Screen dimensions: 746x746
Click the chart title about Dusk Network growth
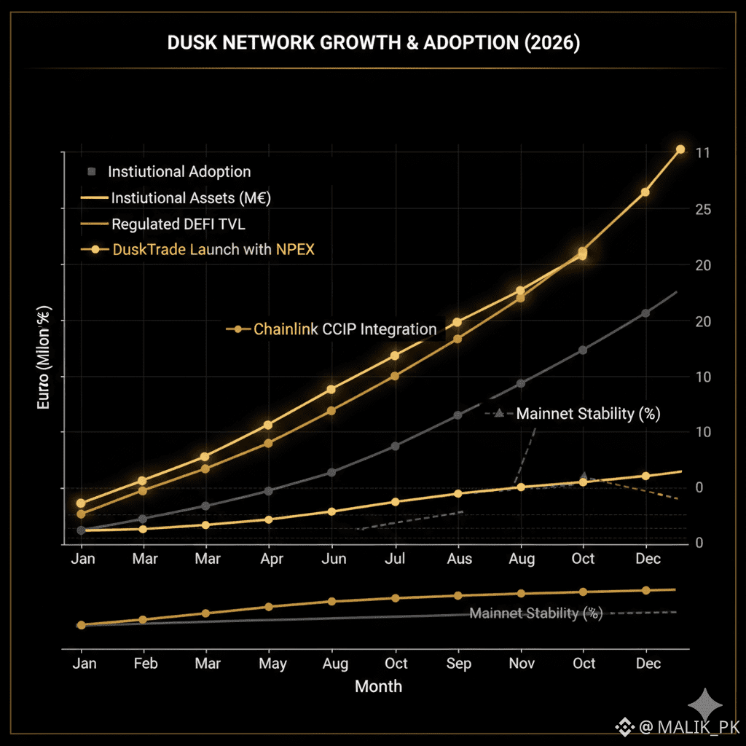373,43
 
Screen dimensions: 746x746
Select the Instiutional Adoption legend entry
178,172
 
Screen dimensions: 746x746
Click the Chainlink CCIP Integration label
345,329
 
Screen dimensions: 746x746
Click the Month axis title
378,686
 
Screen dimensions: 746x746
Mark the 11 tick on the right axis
702,153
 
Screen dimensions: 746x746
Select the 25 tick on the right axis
702,209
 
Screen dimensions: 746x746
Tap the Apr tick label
272,559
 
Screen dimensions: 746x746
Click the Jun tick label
334,559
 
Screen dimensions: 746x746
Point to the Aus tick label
459,559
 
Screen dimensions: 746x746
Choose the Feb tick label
145,663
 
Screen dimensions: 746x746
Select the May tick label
272,663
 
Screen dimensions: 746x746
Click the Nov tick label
521,663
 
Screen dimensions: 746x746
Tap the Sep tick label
459,663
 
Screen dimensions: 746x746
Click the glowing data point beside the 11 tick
680,149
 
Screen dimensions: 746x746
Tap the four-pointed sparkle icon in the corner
707,704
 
